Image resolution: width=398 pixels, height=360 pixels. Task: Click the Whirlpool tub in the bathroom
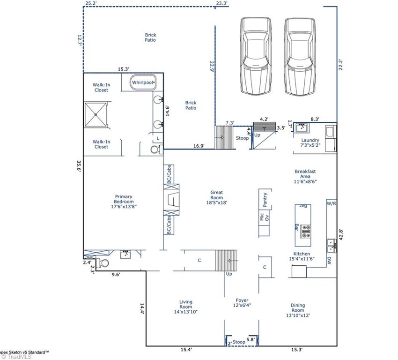pyautogui.click(x=143, y=82)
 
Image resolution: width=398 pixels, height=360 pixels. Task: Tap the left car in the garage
pyautogui.click(x=256, y=55)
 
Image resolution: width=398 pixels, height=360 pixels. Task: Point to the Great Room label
pyautogui.click(x=216, y=197)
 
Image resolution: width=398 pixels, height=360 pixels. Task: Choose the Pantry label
pyautogui.click(x=265, y=199)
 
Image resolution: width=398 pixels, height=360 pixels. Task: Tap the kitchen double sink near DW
pyautogui.click(x=331, y=245)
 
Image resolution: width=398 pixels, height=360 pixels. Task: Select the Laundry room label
pyautogui.click(x=310, y=142)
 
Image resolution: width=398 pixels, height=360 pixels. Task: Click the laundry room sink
pyautogui.click(x=302, y=127)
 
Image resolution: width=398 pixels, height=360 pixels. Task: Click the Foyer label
pyautogui.click(x=242, y=303)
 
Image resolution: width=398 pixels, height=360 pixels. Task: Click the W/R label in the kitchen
pyautogui.click(x=331, y=203)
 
